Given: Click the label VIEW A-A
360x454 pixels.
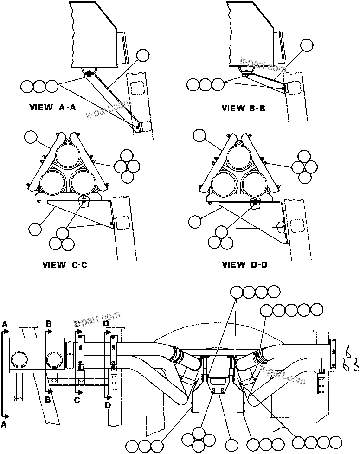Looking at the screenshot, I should click(52, 107).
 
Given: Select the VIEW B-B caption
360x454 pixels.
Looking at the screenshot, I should click(244, 108).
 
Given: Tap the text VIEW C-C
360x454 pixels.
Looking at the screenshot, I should click(65, 265).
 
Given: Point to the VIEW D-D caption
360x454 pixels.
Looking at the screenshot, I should click(244, 265).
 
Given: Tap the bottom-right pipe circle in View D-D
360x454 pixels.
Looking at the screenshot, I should click(254, 182).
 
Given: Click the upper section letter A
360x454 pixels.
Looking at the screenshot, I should click(5, 323).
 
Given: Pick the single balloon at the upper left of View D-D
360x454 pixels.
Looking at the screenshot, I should click(199, 136).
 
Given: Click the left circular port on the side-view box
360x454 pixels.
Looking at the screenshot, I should click(20, 360).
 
